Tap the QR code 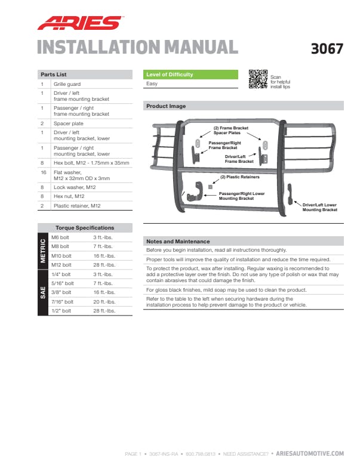tap(258, 79)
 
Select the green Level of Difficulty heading tap(170, 75)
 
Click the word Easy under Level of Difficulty tap(152, 84)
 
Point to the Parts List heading tap(53, 75)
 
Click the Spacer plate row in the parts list tap(68, 123)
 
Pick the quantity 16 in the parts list tap(42, 173)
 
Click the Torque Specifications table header tap(84, 228)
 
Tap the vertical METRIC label tap(43, 251)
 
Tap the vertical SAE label tap(43, 292)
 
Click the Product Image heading tap(166, 106)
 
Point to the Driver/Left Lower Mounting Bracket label tap(319, 207)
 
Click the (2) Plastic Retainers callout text tap(239, 177)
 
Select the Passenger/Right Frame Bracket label tap(222, 145)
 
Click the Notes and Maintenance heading tap(177, 242)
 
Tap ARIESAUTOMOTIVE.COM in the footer tap(310, 454)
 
